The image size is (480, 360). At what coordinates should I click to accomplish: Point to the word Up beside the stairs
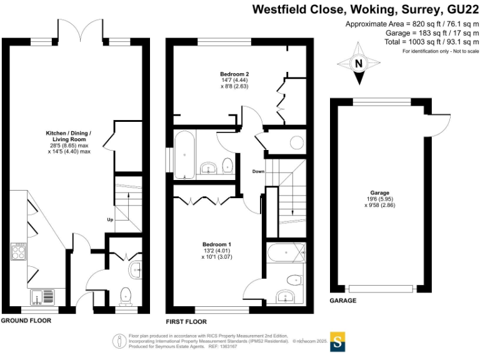click(111, 219)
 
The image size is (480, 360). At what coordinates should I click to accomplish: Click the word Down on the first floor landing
click(259, 171)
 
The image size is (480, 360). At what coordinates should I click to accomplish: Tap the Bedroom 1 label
click(217, 244)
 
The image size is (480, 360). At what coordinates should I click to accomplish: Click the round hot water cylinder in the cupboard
click(296, 142)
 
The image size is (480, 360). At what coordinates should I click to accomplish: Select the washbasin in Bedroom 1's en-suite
click(289, 296)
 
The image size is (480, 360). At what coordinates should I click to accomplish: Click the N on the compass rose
click(359, 63)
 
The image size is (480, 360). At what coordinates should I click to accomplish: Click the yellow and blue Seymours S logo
click(337, 342)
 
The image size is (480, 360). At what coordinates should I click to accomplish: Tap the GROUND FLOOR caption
click(26, 321)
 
